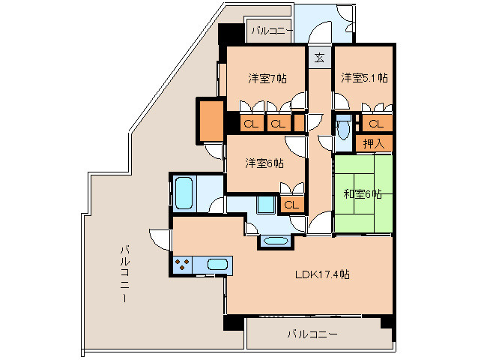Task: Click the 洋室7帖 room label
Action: [x=266, y=78]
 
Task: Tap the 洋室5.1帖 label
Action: [x=364, y=78]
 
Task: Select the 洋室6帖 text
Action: [x=264, y=163]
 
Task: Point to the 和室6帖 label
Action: [x=363, y=193]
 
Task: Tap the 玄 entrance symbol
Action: [x=319, y=57]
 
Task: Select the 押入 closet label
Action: [x=373, y=143]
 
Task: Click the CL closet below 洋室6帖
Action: [x=291, y=203]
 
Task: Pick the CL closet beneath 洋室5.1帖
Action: [x=375, y=124]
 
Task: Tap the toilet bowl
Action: [x=343, y=129]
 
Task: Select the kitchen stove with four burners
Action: [x=182, y=265]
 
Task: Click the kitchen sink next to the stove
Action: [x=217, y=265]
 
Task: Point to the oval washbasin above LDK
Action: [x=275, y=241]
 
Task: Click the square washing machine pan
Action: [x=265, y=205]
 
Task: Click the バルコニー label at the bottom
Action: [x=312, y=334]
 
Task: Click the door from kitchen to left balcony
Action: [x=161, y=238]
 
